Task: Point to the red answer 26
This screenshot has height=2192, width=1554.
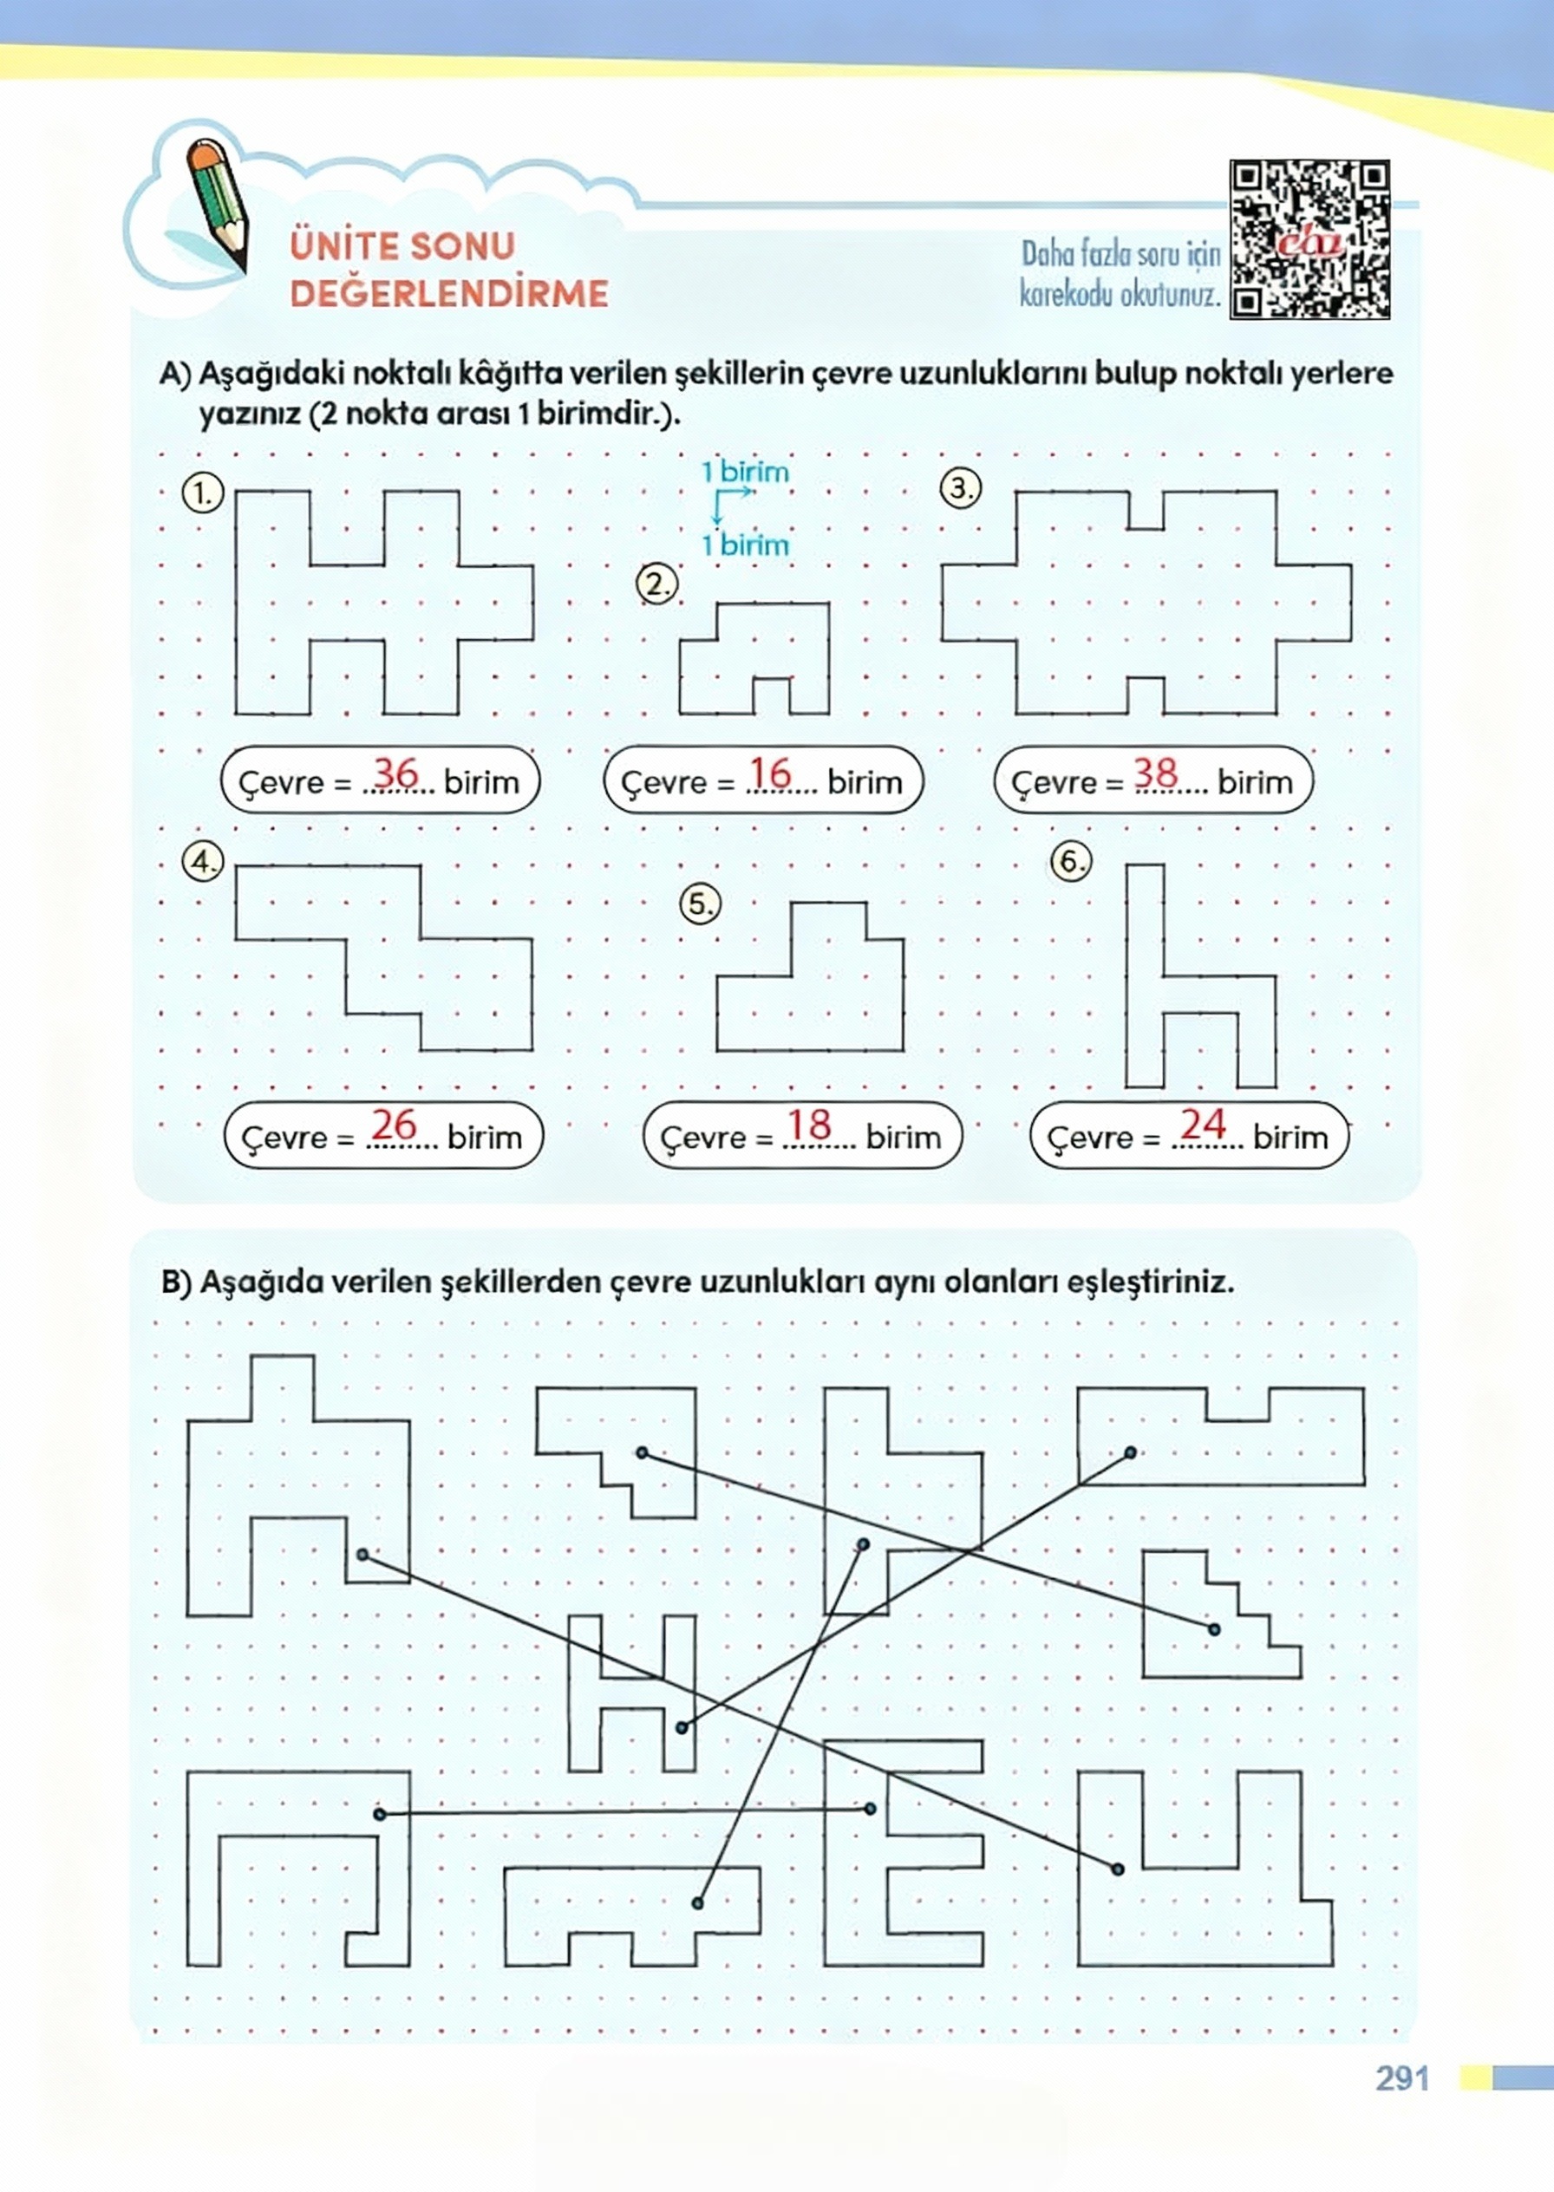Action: coord(395,1125)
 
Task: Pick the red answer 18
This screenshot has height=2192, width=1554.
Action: coord(810,1125)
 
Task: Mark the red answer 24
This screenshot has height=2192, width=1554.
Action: coord(1203,1125)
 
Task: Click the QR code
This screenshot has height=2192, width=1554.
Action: coord(1309,239)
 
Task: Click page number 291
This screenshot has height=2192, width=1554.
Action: coord(1402,2078)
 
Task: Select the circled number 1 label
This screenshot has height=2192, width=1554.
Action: coord(201,493)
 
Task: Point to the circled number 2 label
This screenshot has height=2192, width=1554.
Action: coord(657,584)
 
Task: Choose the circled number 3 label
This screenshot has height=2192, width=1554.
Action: coord(961,488)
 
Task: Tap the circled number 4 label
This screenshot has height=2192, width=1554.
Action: coord(202,861)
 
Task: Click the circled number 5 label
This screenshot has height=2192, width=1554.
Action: coord(701,904)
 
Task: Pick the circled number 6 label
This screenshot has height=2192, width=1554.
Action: coord(1071,860)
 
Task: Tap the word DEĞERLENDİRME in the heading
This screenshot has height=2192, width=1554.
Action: coord(449,293)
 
